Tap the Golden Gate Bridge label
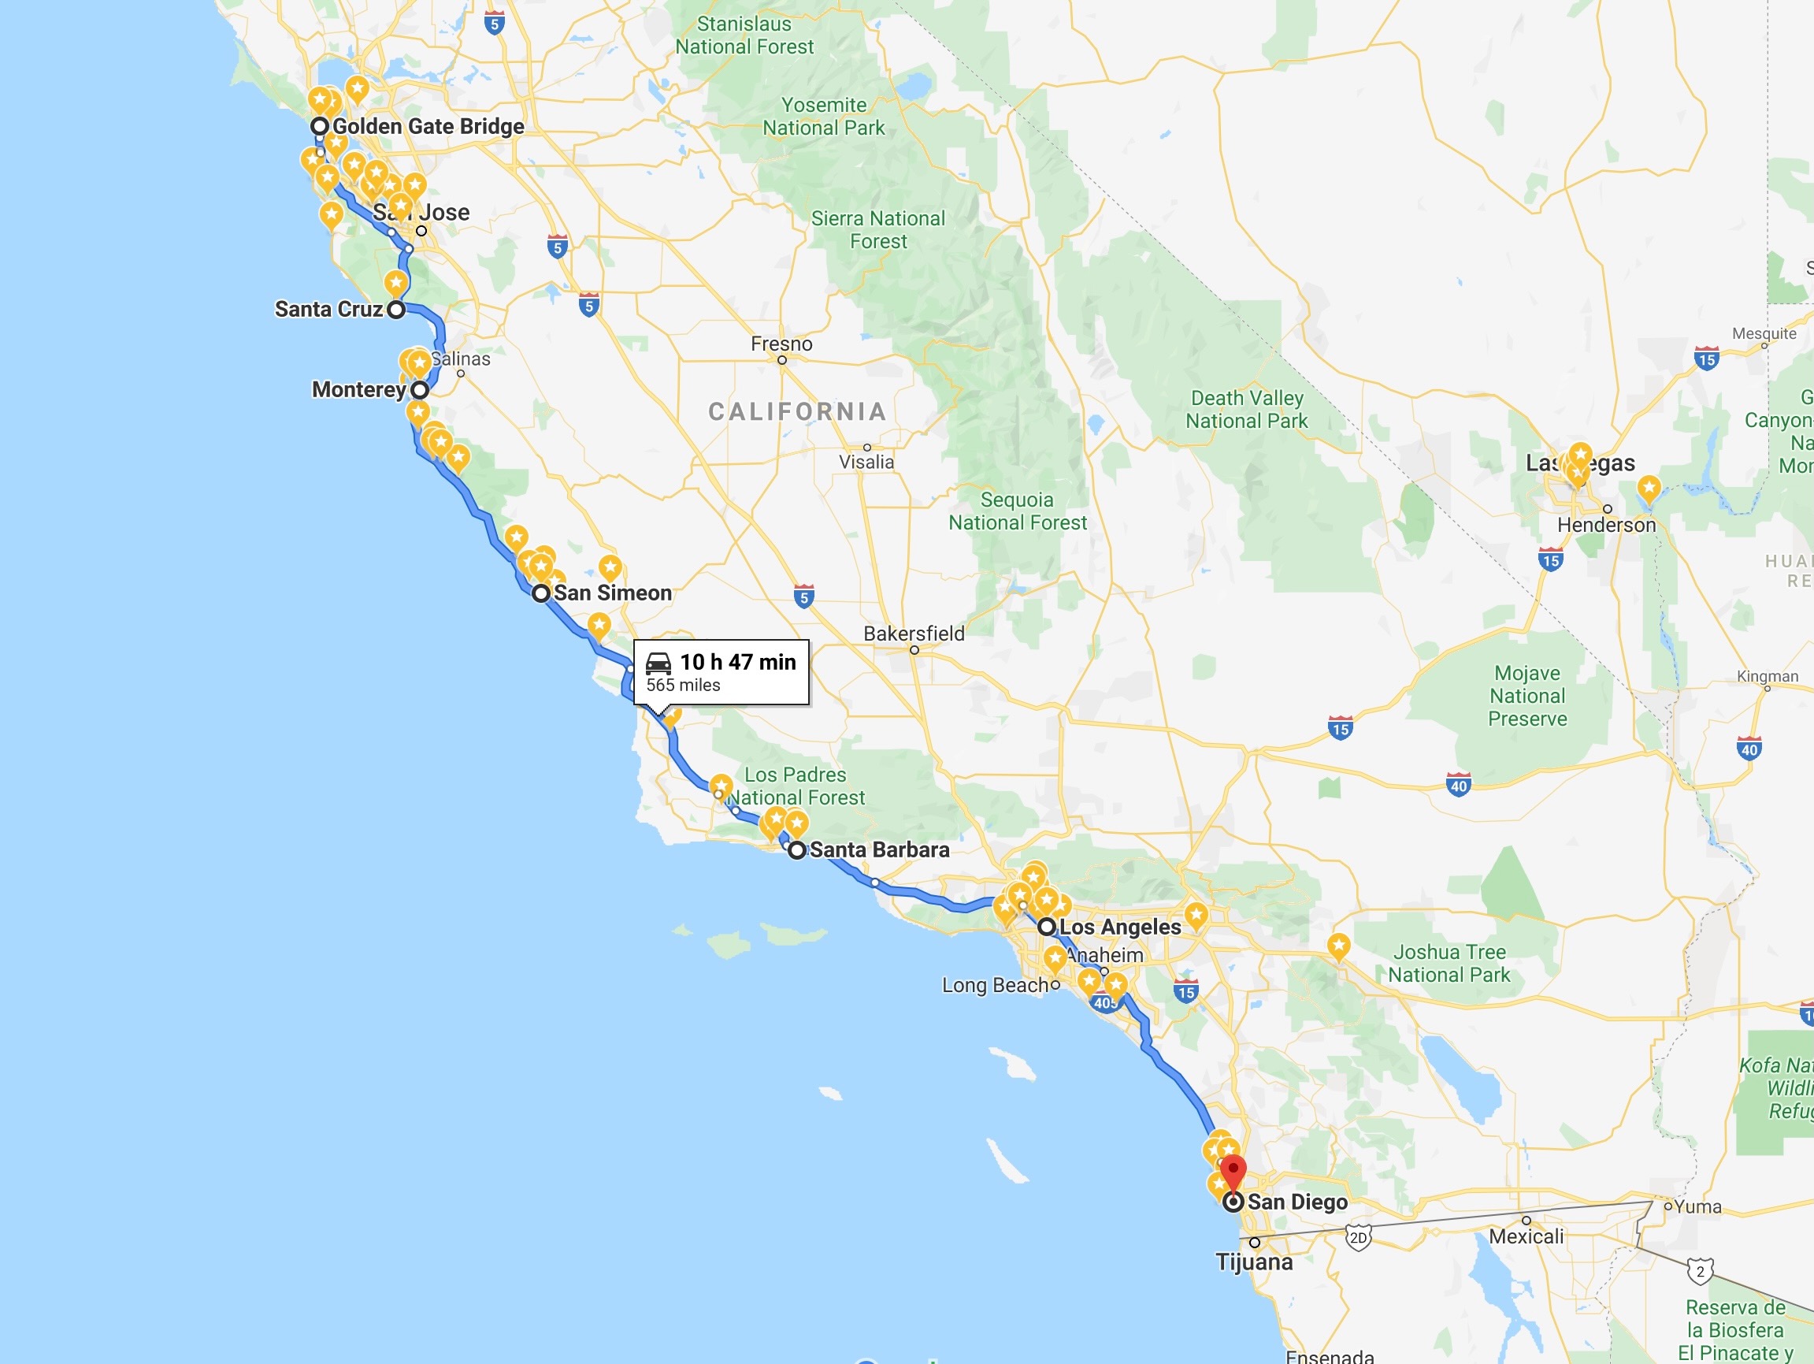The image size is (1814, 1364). (428, 126)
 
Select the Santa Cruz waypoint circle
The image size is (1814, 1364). (396, 310)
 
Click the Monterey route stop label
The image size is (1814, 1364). (358, 389)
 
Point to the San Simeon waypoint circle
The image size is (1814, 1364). (540, 593)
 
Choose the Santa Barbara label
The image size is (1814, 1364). (879, 849)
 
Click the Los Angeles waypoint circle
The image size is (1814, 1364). (1046, 927)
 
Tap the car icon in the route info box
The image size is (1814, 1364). (658, 663)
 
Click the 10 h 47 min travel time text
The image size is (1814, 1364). (737, 662)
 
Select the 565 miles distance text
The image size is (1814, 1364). (683, 686)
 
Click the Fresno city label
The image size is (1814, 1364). (781, 344)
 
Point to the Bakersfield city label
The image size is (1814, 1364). (914, 634)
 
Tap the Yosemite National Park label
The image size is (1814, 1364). (823, 117)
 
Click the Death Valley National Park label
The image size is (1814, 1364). (1247, 409)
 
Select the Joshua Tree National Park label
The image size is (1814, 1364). (1449, 964)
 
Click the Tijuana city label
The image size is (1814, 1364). (1254, 1262)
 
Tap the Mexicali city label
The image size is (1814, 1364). (1527, 1236)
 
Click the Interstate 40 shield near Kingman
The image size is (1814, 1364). (1749, 749)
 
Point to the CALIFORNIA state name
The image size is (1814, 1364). (797, 412)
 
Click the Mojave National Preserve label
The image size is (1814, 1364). (1527, 696)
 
